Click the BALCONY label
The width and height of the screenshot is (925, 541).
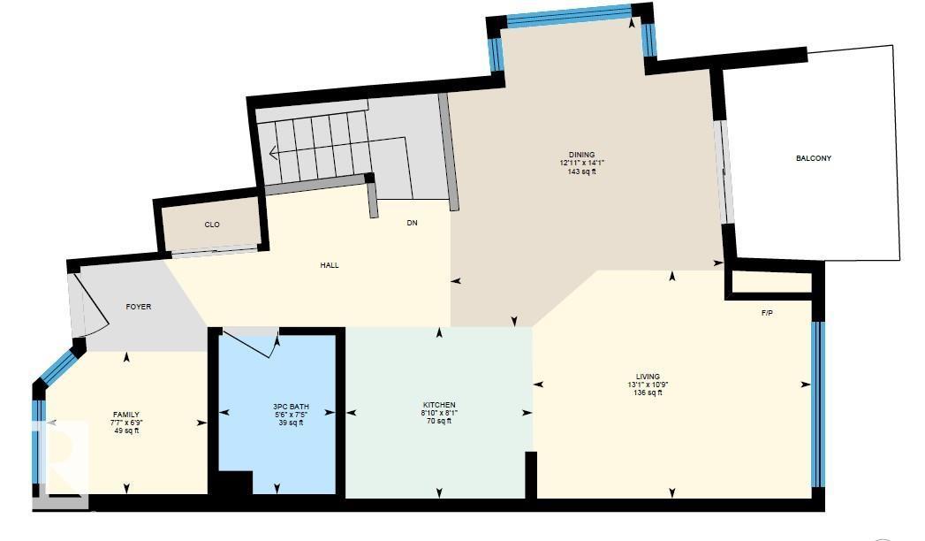[x=813, y=159]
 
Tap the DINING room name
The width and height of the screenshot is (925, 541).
[x=581, y=155]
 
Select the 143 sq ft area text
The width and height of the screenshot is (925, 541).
[x=581, y=171]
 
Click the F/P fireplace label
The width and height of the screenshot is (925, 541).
[x=767, y=314]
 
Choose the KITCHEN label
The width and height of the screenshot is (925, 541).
[x=439, y=405]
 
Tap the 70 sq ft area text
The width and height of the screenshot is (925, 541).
[x=439, y=422]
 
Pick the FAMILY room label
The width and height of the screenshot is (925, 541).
[x=126, y=415]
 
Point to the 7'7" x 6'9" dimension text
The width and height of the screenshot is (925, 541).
[x=126, y=423]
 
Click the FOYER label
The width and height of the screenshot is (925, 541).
[x=139, y=307]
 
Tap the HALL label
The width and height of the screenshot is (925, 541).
[x=330, y=265]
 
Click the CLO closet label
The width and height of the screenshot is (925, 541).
[x=212, y=225]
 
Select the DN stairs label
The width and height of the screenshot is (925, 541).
[x=412, y=223]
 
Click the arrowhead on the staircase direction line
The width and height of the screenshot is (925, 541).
[x=273, y=153]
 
